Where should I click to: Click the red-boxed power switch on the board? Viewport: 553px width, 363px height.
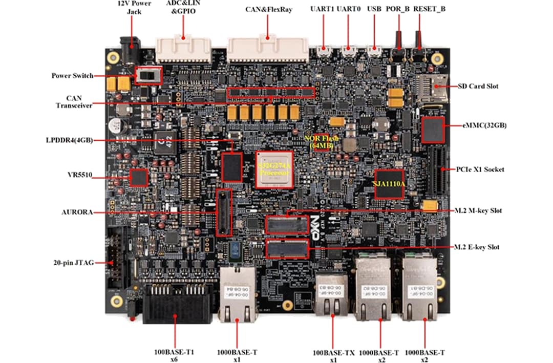point(148,75)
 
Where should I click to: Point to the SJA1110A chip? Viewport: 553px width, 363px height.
point(389,183)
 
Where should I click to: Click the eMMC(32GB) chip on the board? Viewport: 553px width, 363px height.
point(433,130)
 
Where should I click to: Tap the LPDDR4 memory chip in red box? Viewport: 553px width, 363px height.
point(232,167)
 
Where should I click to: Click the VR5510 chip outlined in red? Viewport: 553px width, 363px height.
point(138,178)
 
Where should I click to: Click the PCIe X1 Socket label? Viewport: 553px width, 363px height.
point(479,169)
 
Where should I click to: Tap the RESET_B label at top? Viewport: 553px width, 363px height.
point(429,9)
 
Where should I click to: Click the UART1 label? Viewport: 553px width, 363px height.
point(322,9)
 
